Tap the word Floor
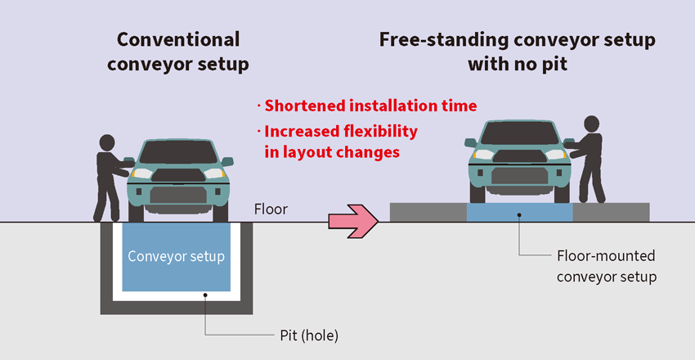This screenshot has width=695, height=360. tap(271, 209)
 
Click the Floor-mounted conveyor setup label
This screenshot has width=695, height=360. tap(607, 267)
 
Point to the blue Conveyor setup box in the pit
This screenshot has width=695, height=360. tap(176, 257)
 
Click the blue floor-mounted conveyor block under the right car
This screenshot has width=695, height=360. tap(519, 212)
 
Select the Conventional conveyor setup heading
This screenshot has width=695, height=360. tap(178, 51)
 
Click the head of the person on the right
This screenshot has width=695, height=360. tap(591, 125)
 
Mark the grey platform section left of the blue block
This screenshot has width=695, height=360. tap(428, 212)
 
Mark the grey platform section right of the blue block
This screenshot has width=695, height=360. tap(611, 212)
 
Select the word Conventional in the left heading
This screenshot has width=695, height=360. tap(178, 38)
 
